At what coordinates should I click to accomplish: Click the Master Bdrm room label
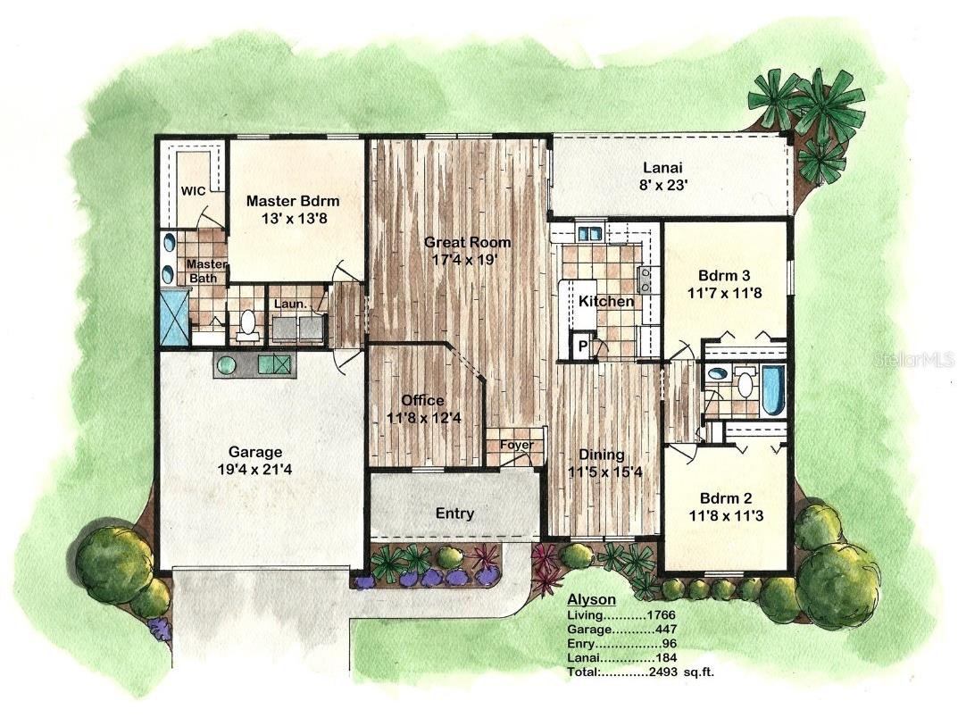coord(293,201)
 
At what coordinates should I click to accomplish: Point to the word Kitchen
coord(606,301)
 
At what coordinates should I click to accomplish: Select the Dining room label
coord(601,455)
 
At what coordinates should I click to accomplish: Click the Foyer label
coord(516,444)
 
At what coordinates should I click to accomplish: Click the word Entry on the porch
coord(454,513)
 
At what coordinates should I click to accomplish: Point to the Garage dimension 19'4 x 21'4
coord(254,470)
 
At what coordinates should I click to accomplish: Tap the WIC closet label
coord(194,191)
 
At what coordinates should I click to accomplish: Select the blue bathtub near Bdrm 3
coord(771,388)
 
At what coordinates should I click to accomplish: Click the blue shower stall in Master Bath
coord(173,316)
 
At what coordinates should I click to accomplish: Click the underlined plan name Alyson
coord(590,600)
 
